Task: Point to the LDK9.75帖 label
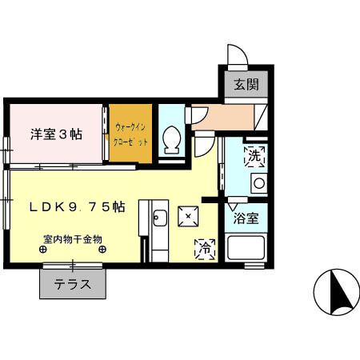coord(77,206)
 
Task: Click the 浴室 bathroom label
coord(245,218)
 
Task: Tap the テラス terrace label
coord(73,283)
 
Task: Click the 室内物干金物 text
coord(72,238)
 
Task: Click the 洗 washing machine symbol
coord(254,154)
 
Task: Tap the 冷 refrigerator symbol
coord(206,249)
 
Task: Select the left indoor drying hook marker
coord(43,250)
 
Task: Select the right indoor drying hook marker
coord(102,250)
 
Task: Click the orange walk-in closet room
coord(130,134)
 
